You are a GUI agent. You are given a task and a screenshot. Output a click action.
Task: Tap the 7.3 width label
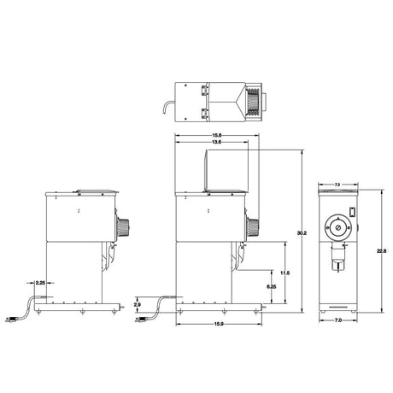pos(337,184)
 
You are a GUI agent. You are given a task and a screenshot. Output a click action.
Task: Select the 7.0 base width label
pos(337,320)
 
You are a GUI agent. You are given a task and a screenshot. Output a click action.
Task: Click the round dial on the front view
pos(337,229)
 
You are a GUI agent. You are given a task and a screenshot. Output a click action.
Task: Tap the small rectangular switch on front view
pos(350,211)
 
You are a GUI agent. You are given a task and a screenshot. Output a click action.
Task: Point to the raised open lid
pos(206,167)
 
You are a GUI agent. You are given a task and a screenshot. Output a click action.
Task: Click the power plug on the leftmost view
pos(14,320)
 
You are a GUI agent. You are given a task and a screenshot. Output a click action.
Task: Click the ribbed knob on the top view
pos(253,100)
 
